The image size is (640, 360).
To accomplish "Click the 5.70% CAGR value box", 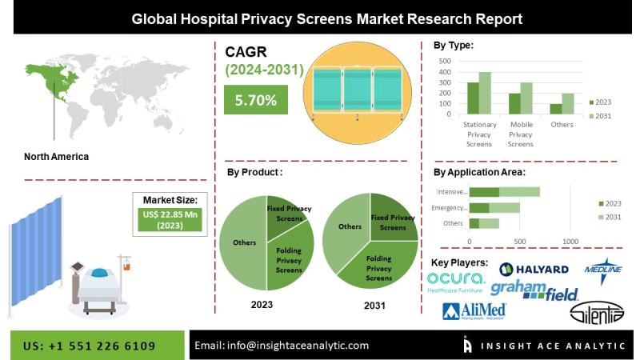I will point(256,100).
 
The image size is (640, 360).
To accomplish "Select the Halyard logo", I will point(534,270).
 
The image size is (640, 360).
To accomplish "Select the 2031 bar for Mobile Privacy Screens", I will point(526,98).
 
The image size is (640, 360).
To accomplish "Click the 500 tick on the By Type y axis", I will point(446,60).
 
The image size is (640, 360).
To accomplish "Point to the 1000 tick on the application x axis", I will point(570,241).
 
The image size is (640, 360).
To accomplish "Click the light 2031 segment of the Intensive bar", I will point(519,192).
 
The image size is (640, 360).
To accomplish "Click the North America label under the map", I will point(56,157).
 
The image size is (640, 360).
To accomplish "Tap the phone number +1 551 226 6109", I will point(90,346).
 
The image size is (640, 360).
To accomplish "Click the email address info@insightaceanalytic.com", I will point(282,346).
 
